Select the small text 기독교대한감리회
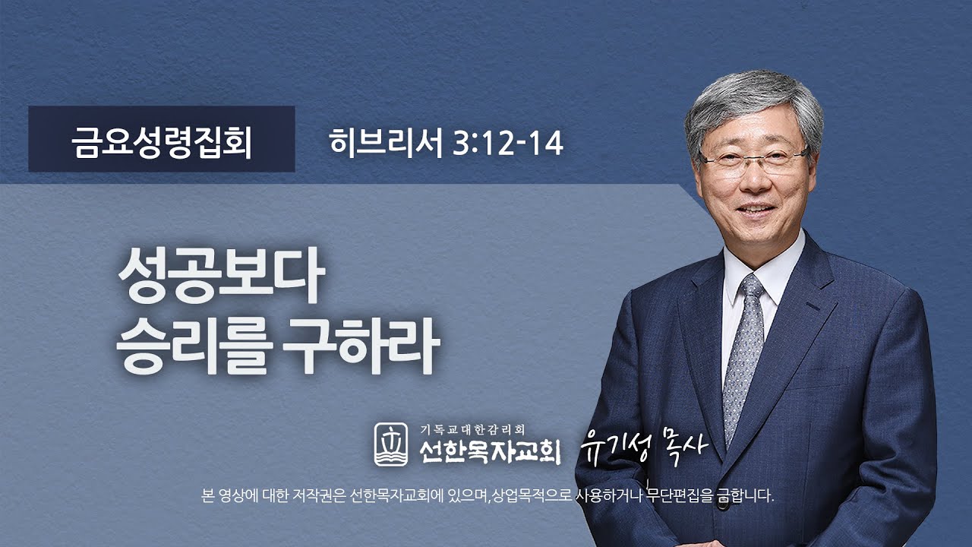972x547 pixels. click(472, 428)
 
